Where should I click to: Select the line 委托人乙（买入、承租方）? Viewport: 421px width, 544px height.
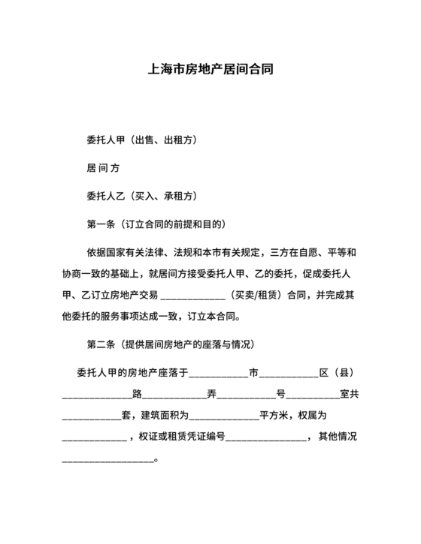[143, 196]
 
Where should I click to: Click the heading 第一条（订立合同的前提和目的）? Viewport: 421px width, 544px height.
[156, 224]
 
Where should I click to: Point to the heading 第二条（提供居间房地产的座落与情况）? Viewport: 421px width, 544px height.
[171, 344]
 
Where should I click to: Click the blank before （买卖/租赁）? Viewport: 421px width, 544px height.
[193, 294]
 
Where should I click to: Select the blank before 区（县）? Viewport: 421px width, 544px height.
[289, 374]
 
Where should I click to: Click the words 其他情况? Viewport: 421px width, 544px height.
[337, 436]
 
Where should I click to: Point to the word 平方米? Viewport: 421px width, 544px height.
[274, 415]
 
